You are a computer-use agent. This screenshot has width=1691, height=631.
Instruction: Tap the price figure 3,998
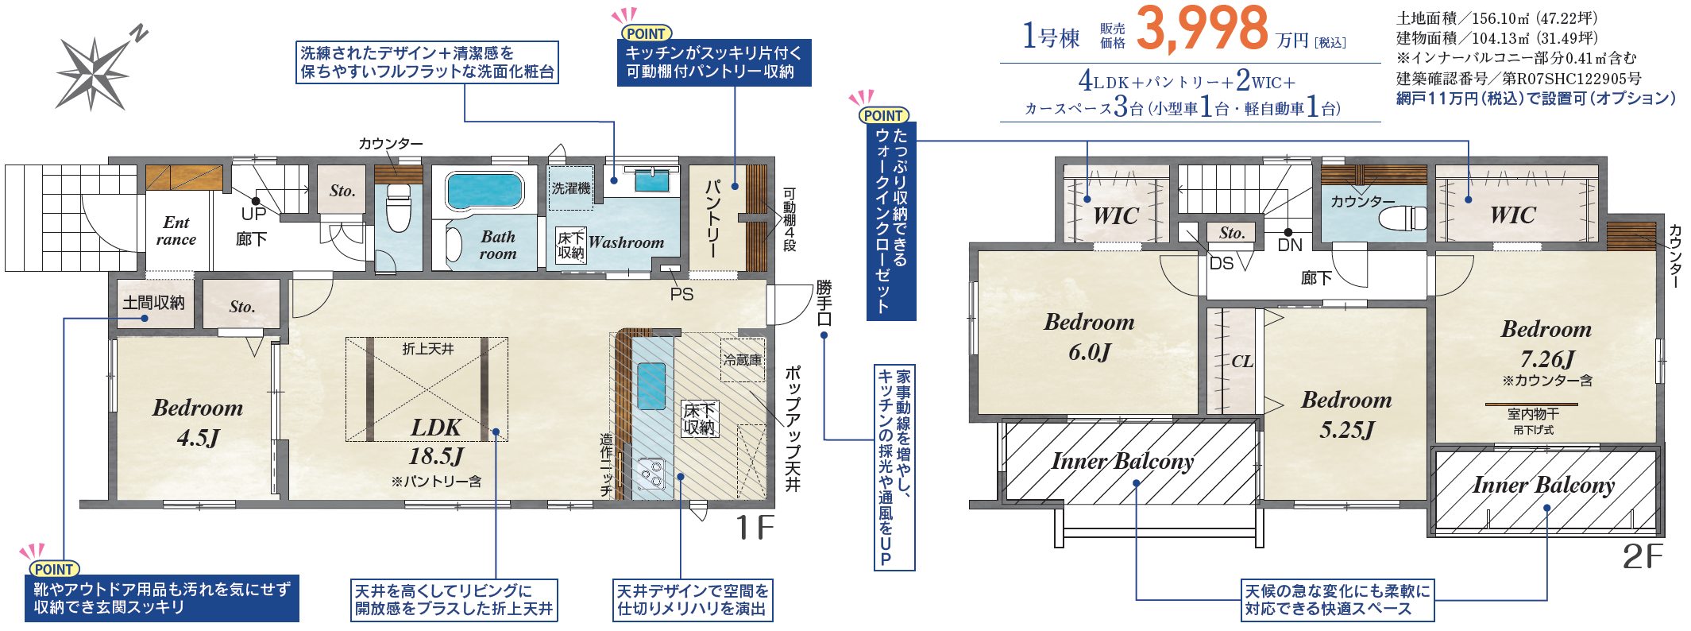[1202, 29]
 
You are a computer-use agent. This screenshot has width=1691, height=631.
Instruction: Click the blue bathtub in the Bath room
[485, 191]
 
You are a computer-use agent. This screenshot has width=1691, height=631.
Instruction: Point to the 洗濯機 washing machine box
[570, 188]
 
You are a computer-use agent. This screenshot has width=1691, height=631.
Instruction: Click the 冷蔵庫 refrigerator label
[742, 360]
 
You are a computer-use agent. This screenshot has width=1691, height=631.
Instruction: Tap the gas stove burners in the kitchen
[652, 472]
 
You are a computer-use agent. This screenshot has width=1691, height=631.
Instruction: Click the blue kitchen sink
[651, 385]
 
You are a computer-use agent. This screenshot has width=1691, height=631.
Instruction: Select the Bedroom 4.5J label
[198, 422]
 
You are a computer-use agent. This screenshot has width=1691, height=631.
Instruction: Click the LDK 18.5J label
[436, 441]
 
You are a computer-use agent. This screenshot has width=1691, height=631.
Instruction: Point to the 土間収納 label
[153, 303]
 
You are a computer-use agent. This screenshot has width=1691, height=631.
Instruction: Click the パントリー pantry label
[713, 218]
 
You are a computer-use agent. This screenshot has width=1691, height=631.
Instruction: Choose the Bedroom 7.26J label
[1546, 344]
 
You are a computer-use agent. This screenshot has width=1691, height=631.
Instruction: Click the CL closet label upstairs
[1242, 362]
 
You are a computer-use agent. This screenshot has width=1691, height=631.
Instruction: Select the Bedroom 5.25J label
[1346, 414]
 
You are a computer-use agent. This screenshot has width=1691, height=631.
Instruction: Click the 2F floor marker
[1643, 556]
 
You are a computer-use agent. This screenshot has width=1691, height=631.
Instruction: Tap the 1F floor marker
[754, 528]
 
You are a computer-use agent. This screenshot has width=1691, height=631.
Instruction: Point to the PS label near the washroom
[681, 294]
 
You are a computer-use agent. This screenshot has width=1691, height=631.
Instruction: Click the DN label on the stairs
[1290, 245]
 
